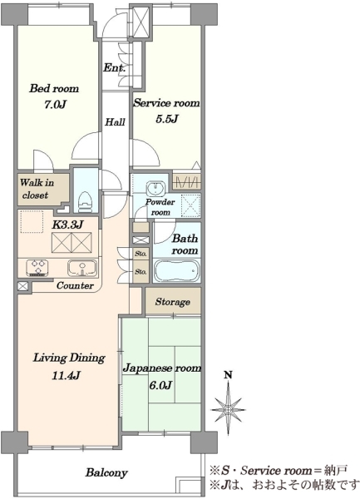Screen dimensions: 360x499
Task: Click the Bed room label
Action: (x=54, y=88)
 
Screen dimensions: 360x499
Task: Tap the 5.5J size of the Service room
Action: (x=166, y=119)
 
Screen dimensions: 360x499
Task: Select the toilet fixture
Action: (x=85, y=202)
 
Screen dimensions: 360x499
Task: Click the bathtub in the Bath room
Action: (x=177, y=270)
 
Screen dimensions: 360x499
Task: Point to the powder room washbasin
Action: (x=155, y=189)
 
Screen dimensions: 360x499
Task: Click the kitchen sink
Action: (x=82, y=268)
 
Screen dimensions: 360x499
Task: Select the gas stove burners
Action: (x=37, y=267)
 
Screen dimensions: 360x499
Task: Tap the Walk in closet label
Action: (x=37, y=189)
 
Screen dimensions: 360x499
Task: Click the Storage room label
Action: (x=173, y=302)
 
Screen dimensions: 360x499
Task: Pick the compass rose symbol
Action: (x=228, y=408)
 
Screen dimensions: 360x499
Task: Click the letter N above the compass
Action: (x=228, y=375)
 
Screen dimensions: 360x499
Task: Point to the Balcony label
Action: (x=106, y=473)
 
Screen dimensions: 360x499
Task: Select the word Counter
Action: (x=75, y=285)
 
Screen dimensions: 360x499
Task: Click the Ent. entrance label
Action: (x=114, y=68)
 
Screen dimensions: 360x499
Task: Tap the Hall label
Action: (x=115, y=122)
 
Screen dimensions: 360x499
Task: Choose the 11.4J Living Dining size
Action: (x=66, y=376)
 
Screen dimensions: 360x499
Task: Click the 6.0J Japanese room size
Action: (x=160, y=386)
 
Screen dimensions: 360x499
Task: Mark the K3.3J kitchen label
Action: (x=67, y=225)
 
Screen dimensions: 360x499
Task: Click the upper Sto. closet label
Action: (x=141, y=254)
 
